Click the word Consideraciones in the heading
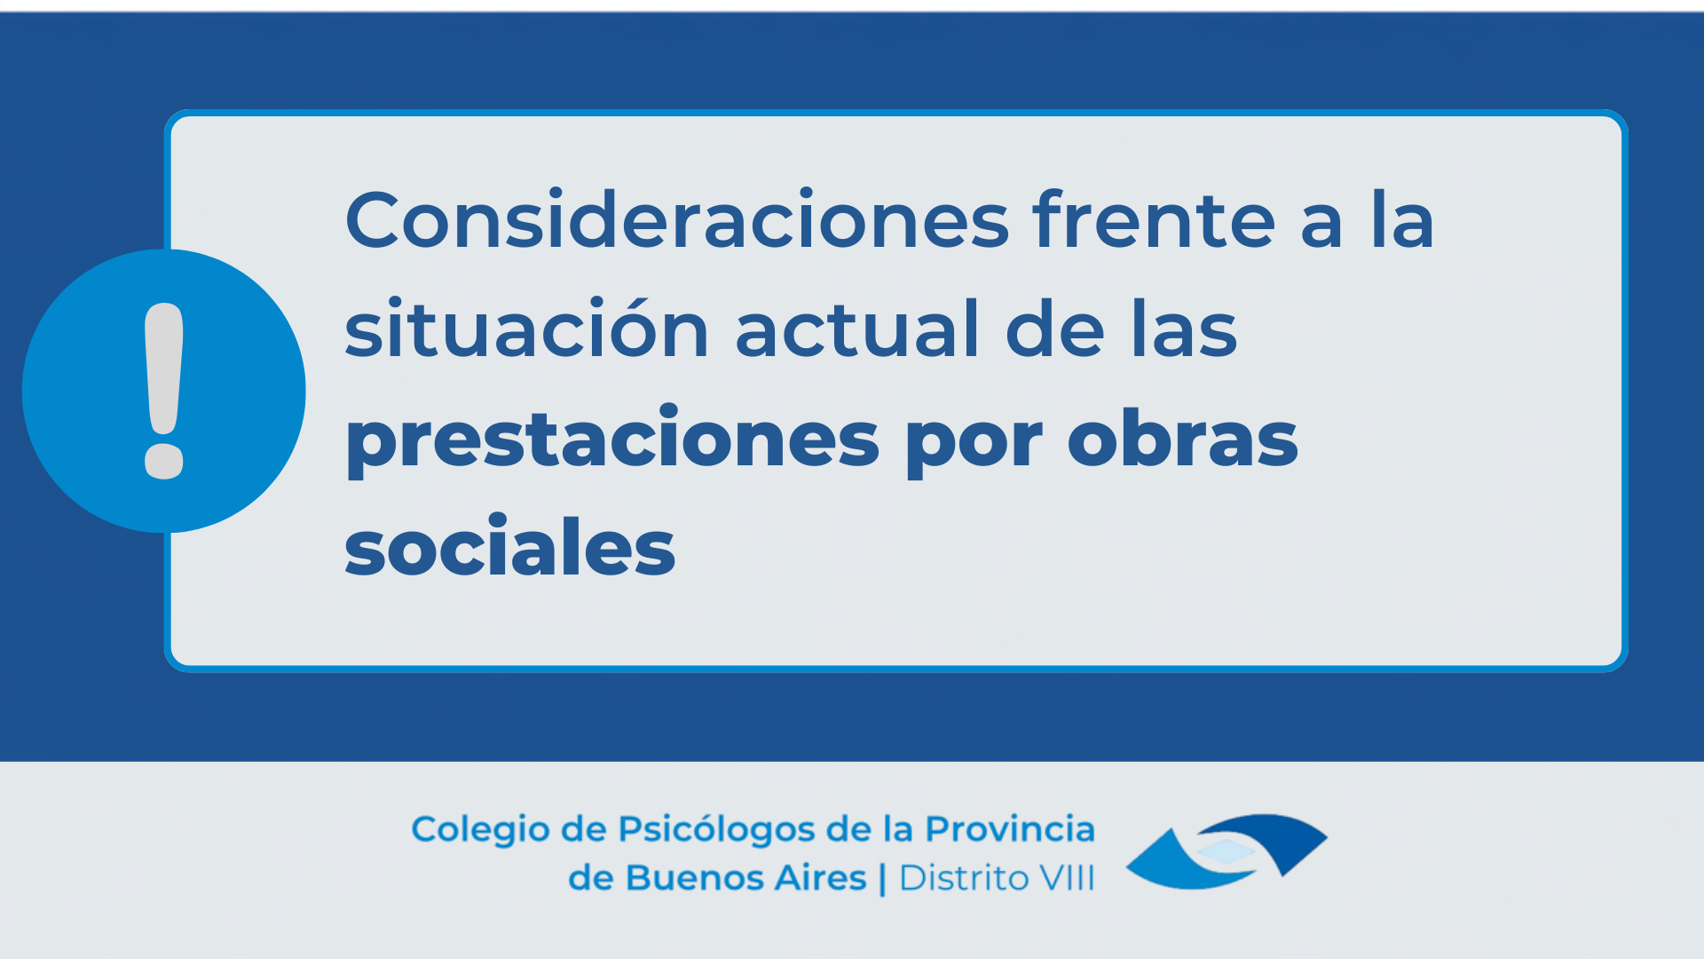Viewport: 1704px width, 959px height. pyautogui.click(x=677, y=219)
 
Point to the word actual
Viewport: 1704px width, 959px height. pyautogui.click(x=856, y=328)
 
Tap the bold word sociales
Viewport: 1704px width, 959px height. pyautogui.click(x=510, y=545)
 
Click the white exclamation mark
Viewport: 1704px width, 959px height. pyautogui.click(x=164, y=391)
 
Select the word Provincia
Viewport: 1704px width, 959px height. pyautogui.click(x=1010, y=828)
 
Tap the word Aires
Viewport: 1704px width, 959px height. pyautogui.click(x=821, y=878)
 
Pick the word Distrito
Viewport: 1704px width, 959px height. pyautogui.click(x=965, y=878)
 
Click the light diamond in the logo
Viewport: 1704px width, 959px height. pyautogui.click(x=1226, y=852)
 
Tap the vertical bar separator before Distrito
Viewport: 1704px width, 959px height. pyautogui.click(x=882, y=879)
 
